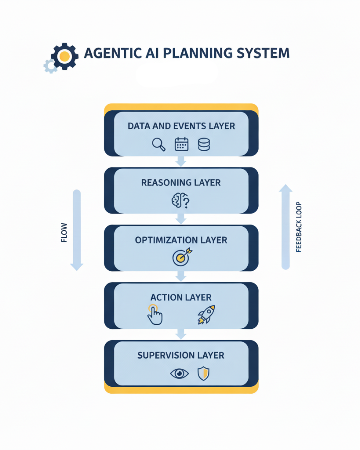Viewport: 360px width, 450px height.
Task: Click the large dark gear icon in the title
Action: (65, 56)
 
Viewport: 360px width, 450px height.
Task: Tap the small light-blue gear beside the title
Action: (50, 66)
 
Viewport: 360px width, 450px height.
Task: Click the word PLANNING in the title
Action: (198, 53)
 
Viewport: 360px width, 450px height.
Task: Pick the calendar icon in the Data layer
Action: (181, 144)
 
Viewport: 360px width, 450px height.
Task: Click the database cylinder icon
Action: (204, 144)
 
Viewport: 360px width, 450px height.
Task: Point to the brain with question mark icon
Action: (180, 200)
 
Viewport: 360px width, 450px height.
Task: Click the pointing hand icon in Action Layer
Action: (155, 315)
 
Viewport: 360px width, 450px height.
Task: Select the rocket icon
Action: (206, 314)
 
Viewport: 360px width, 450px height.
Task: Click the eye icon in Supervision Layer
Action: (179, 373)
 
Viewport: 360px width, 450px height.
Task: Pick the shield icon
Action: (203, 373)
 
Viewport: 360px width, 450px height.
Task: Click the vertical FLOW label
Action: (64, 232)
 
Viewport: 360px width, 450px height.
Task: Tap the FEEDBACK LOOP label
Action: (299, 227)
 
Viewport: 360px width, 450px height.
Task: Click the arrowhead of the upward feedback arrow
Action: (286, 188)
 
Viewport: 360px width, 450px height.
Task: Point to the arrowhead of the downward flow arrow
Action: (77, 266)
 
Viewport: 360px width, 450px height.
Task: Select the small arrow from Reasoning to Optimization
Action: (181, 219)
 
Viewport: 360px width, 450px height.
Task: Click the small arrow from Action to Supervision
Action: (181, 334)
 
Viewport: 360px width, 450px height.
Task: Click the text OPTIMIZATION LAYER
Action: (181, 240)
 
